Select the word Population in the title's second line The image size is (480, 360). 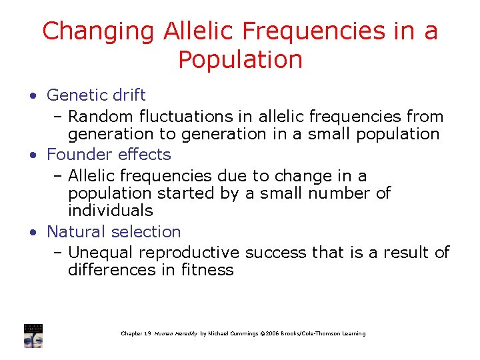(240, 60)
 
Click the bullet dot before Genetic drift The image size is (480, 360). (33, 95)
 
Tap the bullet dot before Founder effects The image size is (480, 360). (33, 155)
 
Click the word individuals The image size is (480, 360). (110, 211)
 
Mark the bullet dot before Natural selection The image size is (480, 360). (33, 232)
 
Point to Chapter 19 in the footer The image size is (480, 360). (136, 333)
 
